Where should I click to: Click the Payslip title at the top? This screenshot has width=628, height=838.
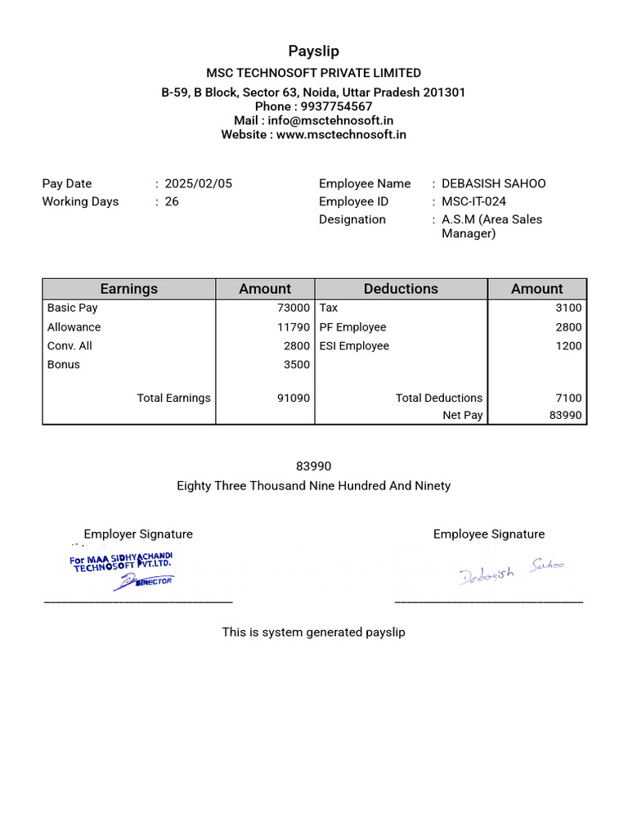click(313, 52)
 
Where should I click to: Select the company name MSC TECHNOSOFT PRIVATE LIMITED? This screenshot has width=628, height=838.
click(313, 73)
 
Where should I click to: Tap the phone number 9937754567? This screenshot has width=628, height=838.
click(336, 106)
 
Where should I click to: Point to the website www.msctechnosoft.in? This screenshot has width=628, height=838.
click(341, 134)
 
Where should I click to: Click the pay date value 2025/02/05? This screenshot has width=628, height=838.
click(198, 183)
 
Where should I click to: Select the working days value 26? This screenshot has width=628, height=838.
click(172, 201)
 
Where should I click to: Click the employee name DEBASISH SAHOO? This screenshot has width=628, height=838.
click(493, 183)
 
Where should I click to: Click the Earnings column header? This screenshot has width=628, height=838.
click(129, 289)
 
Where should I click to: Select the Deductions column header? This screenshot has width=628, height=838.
click(401, 289)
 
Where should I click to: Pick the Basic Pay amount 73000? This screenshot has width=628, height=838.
click(294, 308)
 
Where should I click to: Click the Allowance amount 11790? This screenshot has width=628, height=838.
click(294, 327)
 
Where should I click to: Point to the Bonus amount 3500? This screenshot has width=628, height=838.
click(297, 364)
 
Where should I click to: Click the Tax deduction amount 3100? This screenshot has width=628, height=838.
click(568, 308)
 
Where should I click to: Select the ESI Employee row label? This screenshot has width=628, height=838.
click(354, 345)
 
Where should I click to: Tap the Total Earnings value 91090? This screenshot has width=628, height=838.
click(294, 398)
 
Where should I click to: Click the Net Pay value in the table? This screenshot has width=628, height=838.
click(565, 415)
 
